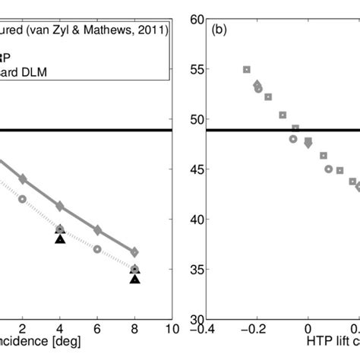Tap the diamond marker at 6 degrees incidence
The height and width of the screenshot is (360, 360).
(97, 230)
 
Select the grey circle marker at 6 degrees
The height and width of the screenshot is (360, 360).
(97, 248)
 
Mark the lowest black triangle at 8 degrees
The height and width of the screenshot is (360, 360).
(134, 279)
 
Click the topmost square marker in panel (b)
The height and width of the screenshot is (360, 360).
(246, 69)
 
